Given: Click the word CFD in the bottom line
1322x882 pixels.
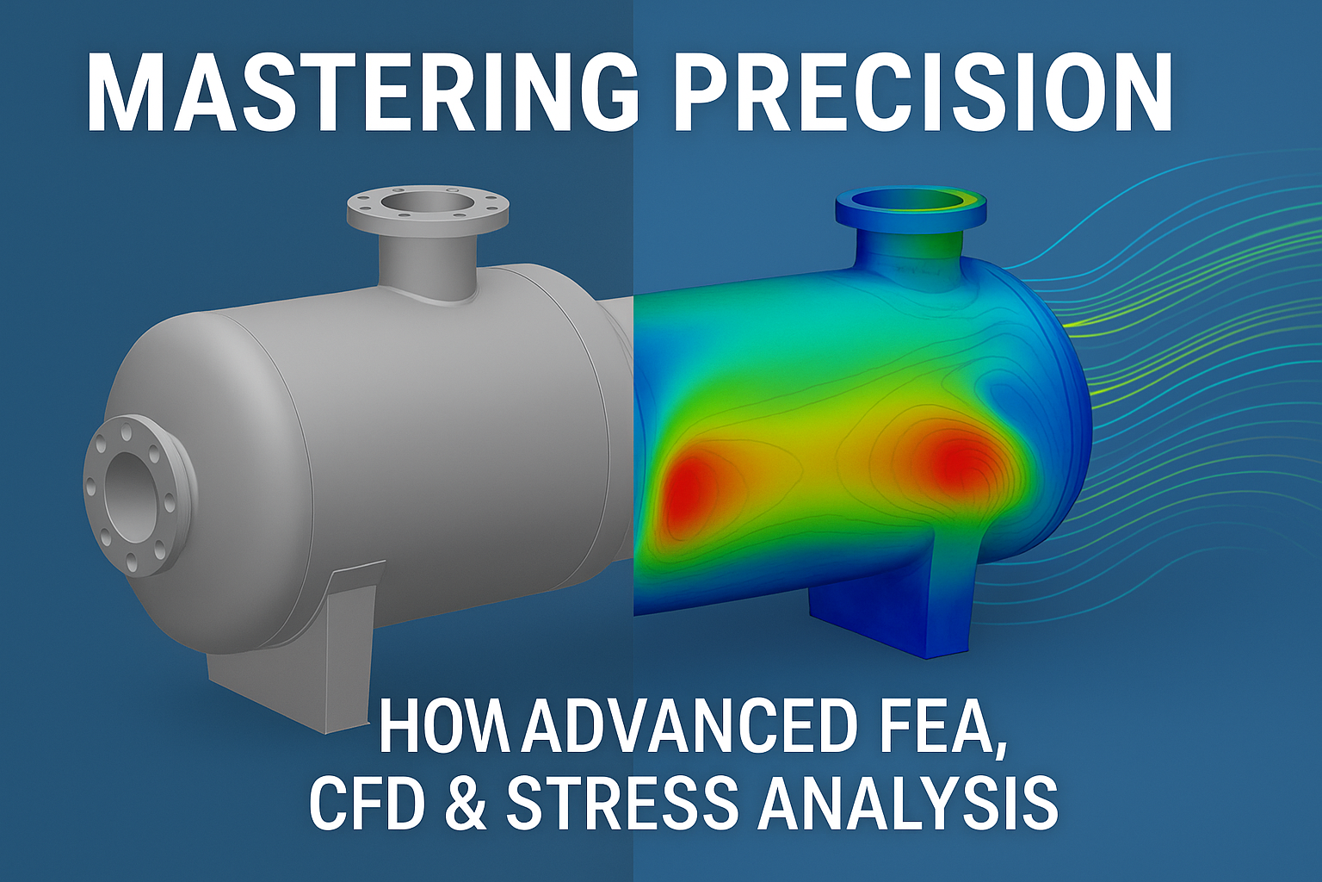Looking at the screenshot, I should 368,803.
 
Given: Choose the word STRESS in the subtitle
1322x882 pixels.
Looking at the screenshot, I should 621,803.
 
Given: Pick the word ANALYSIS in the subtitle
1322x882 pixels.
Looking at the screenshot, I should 908,803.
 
